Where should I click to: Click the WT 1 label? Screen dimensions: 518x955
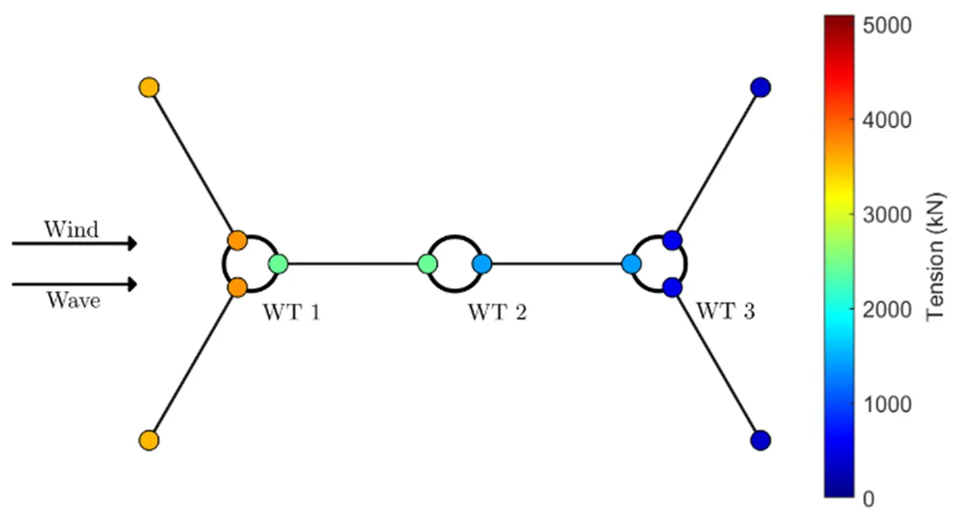click(291, 313)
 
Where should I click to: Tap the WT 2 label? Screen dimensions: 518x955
click(497, 313)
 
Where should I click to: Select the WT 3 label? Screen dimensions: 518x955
click(725, 312)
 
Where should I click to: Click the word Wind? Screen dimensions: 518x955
click(71, 229)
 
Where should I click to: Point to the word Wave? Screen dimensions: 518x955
click(72, 300)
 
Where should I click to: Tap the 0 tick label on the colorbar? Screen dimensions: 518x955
click(868, 499)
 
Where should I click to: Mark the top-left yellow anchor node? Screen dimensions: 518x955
click(149, 87)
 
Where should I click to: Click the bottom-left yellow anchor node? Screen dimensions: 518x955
click(149, 440)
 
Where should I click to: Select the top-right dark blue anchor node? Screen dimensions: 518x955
click(760, 87)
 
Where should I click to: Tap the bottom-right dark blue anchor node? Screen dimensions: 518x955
click(760, 440)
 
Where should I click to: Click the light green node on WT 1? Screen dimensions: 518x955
click(279, 264)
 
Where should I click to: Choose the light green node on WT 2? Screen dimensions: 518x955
click(428, 264)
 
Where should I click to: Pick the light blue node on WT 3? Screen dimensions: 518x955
click(631, 264)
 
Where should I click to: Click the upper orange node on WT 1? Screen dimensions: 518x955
click(237, 240)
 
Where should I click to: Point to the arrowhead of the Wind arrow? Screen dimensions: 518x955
click(132, 244)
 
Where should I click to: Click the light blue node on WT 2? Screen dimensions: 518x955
click(482, 264)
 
